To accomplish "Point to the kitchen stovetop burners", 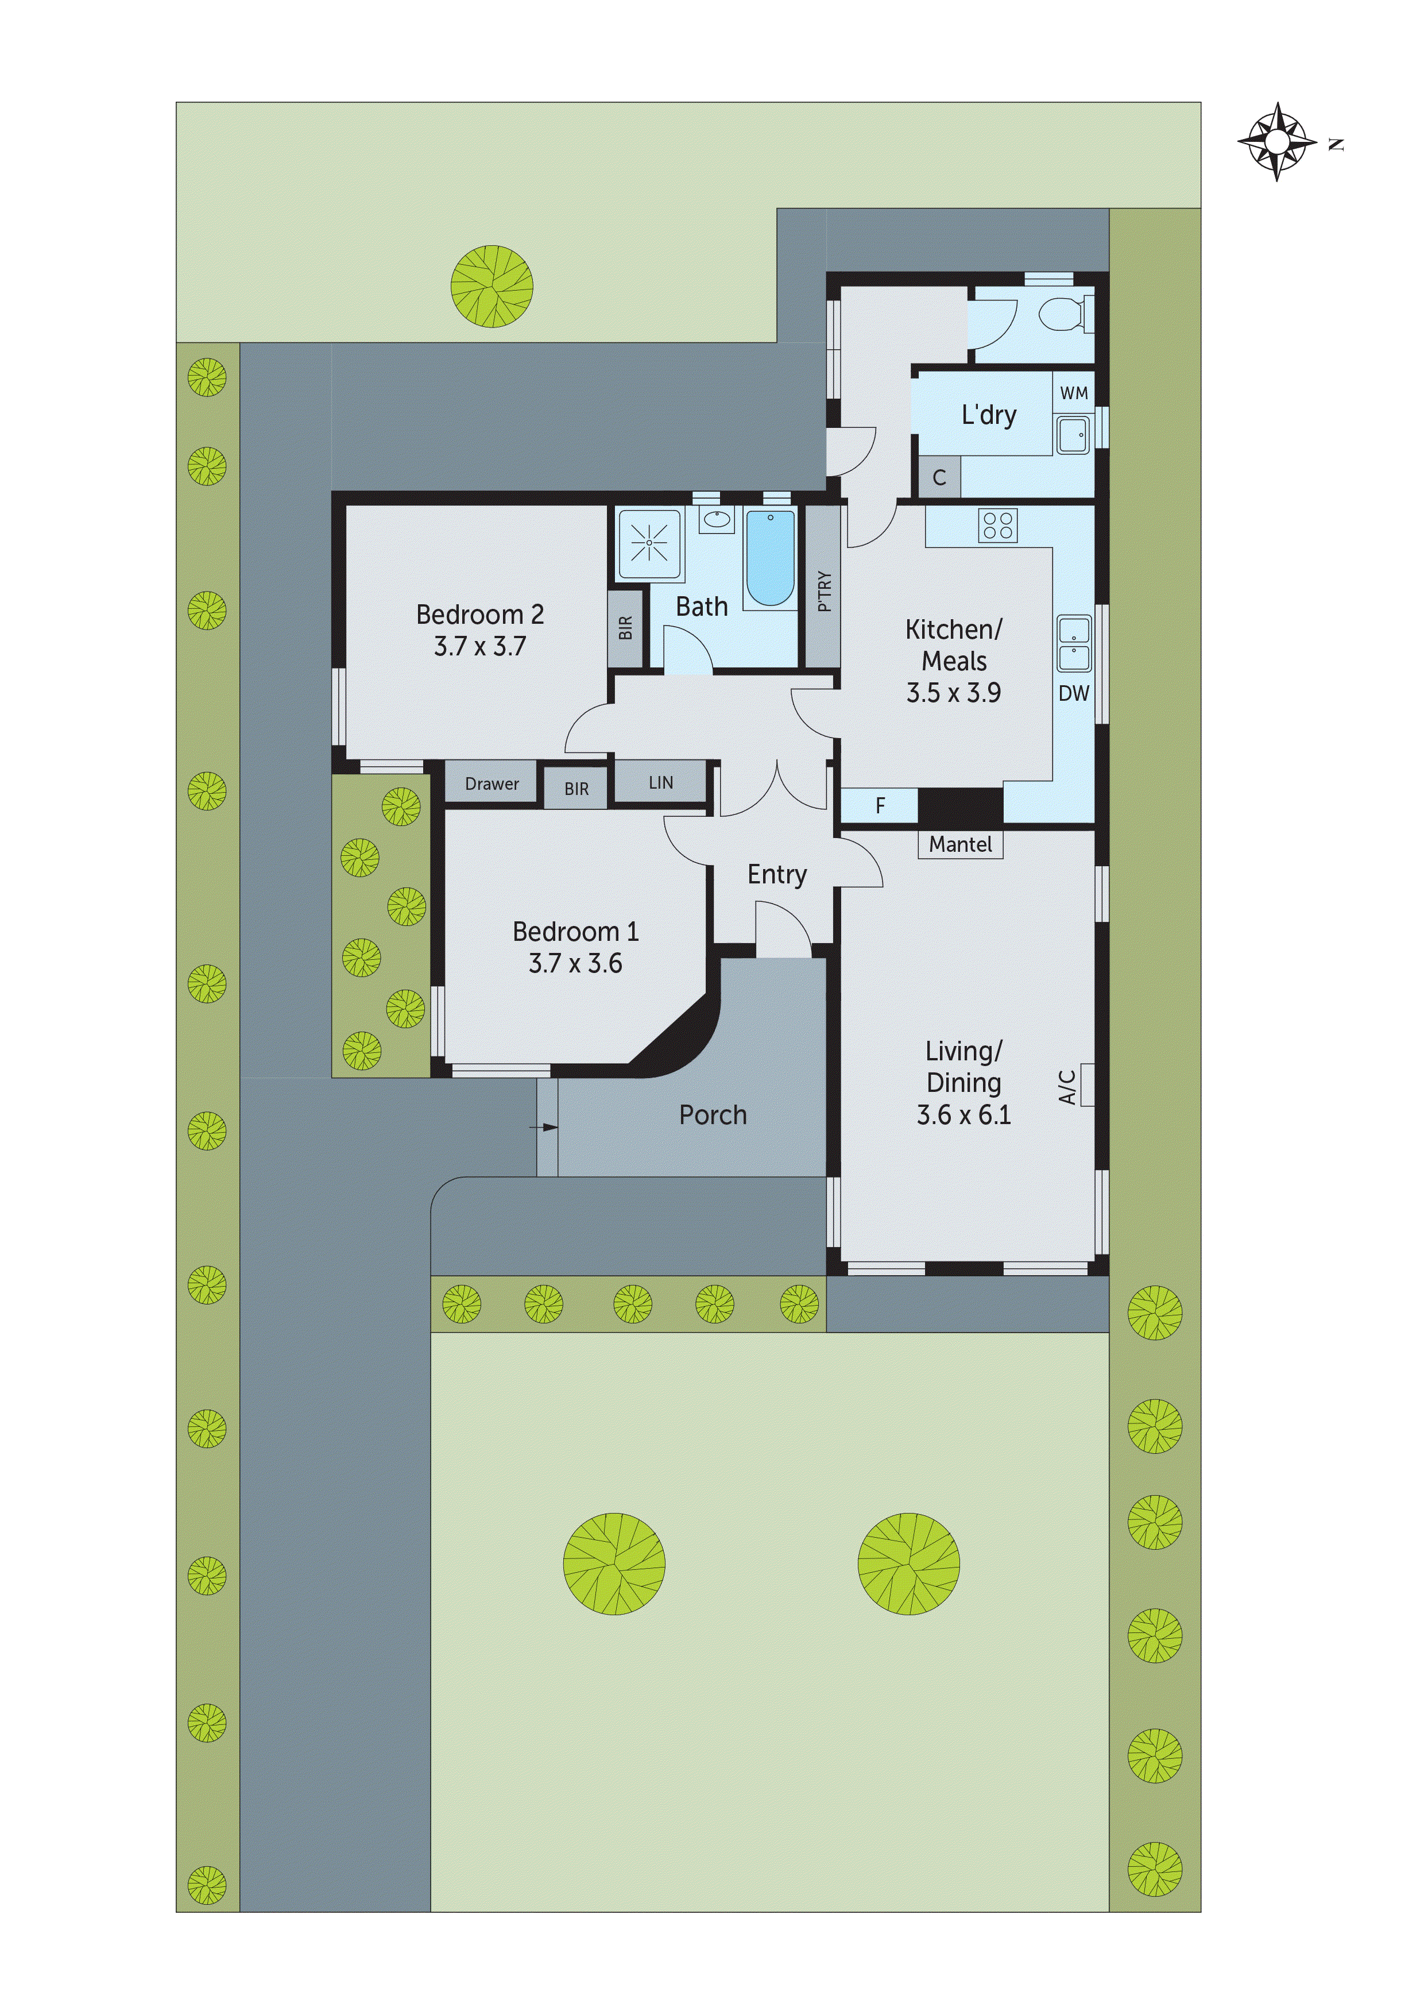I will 999,525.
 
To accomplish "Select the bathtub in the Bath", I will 771,558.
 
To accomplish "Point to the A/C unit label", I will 1067,1087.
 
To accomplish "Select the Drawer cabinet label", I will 492,783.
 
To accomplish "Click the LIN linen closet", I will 661,782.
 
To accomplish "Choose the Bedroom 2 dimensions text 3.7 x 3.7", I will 480,647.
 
